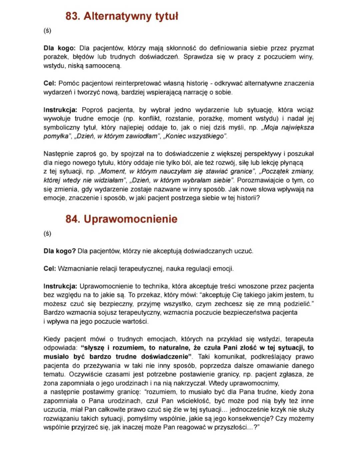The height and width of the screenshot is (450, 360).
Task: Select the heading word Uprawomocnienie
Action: click(x=130, y=219)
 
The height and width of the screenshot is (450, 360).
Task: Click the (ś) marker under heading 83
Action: click(x=47, y=31)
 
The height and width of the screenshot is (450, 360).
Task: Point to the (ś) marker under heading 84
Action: click(x=47, y=233)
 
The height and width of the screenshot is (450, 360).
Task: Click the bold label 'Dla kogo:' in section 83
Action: click(x=59, y=48)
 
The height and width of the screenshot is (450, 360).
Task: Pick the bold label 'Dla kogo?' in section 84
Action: click(x=59, y=251)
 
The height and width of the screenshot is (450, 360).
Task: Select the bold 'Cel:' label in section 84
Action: click(x=50, y=269)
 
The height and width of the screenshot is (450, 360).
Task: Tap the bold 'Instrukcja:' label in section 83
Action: click(x=60, y=110)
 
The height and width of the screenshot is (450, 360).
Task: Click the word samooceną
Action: click(x=103, y=66)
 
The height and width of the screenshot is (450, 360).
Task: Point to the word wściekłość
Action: click(x=194, y=401)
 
